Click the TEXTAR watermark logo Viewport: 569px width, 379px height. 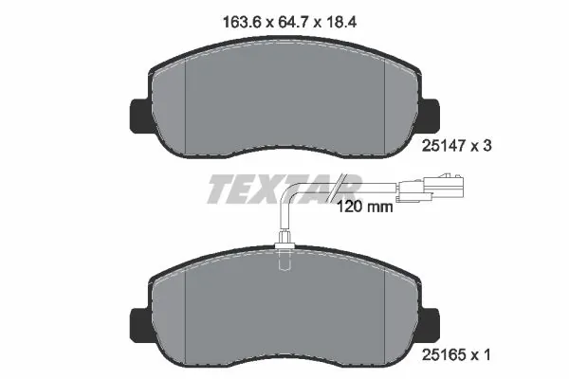(x=283, y=189)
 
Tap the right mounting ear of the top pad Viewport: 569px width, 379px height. (x=431, y=115)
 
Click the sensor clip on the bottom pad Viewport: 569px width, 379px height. (x=283, y=252)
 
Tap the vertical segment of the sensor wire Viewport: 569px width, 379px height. (x=284, y=223)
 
